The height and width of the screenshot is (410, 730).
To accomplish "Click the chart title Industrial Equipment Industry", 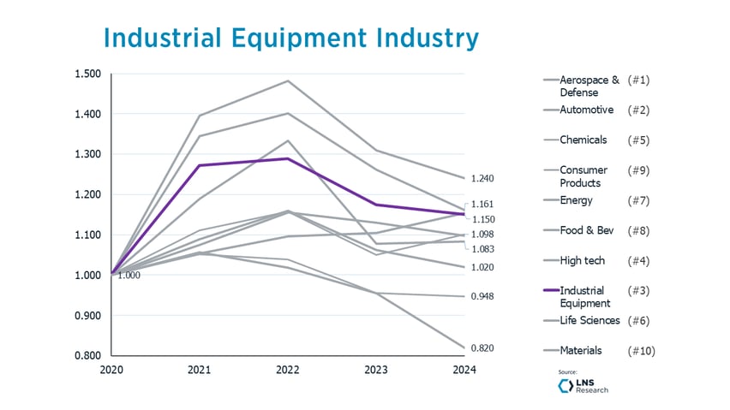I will (x=290, y=39).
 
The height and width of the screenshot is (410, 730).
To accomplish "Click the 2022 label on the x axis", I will (x=288, y=371).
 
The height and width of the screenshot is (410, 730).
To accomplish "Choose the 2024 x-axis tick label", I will (x=464, y=371).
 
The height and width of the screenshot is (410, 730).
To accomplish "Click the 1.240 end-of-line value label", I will (x=483, y=178).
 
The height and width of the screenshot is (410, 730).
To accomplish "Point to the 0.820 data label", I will (x=483, y=348).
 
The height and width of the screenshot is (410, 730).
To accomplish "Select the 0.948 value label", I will (x=483, y=296).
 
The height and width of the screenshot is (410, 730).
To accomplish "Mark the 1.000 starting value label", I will (x=129, y=276).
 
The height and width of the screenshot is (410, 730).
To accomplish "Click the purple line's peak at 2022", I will (x=288, y=158).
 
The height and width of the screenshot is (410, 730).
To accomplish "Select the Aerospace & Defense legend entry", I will (x=589, y=86).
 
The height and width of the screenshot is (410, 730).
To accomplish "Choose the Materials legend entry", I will (x=580, y=350).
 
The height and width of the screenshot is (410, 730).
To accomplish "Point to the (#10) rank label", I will (x=641, y=350).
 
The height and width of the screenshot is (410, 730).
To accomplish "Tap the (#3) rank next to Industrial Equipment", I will (x=638, y=291).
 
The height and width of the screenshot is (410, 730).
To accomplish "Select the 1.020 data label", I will (x=483, y=268).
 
